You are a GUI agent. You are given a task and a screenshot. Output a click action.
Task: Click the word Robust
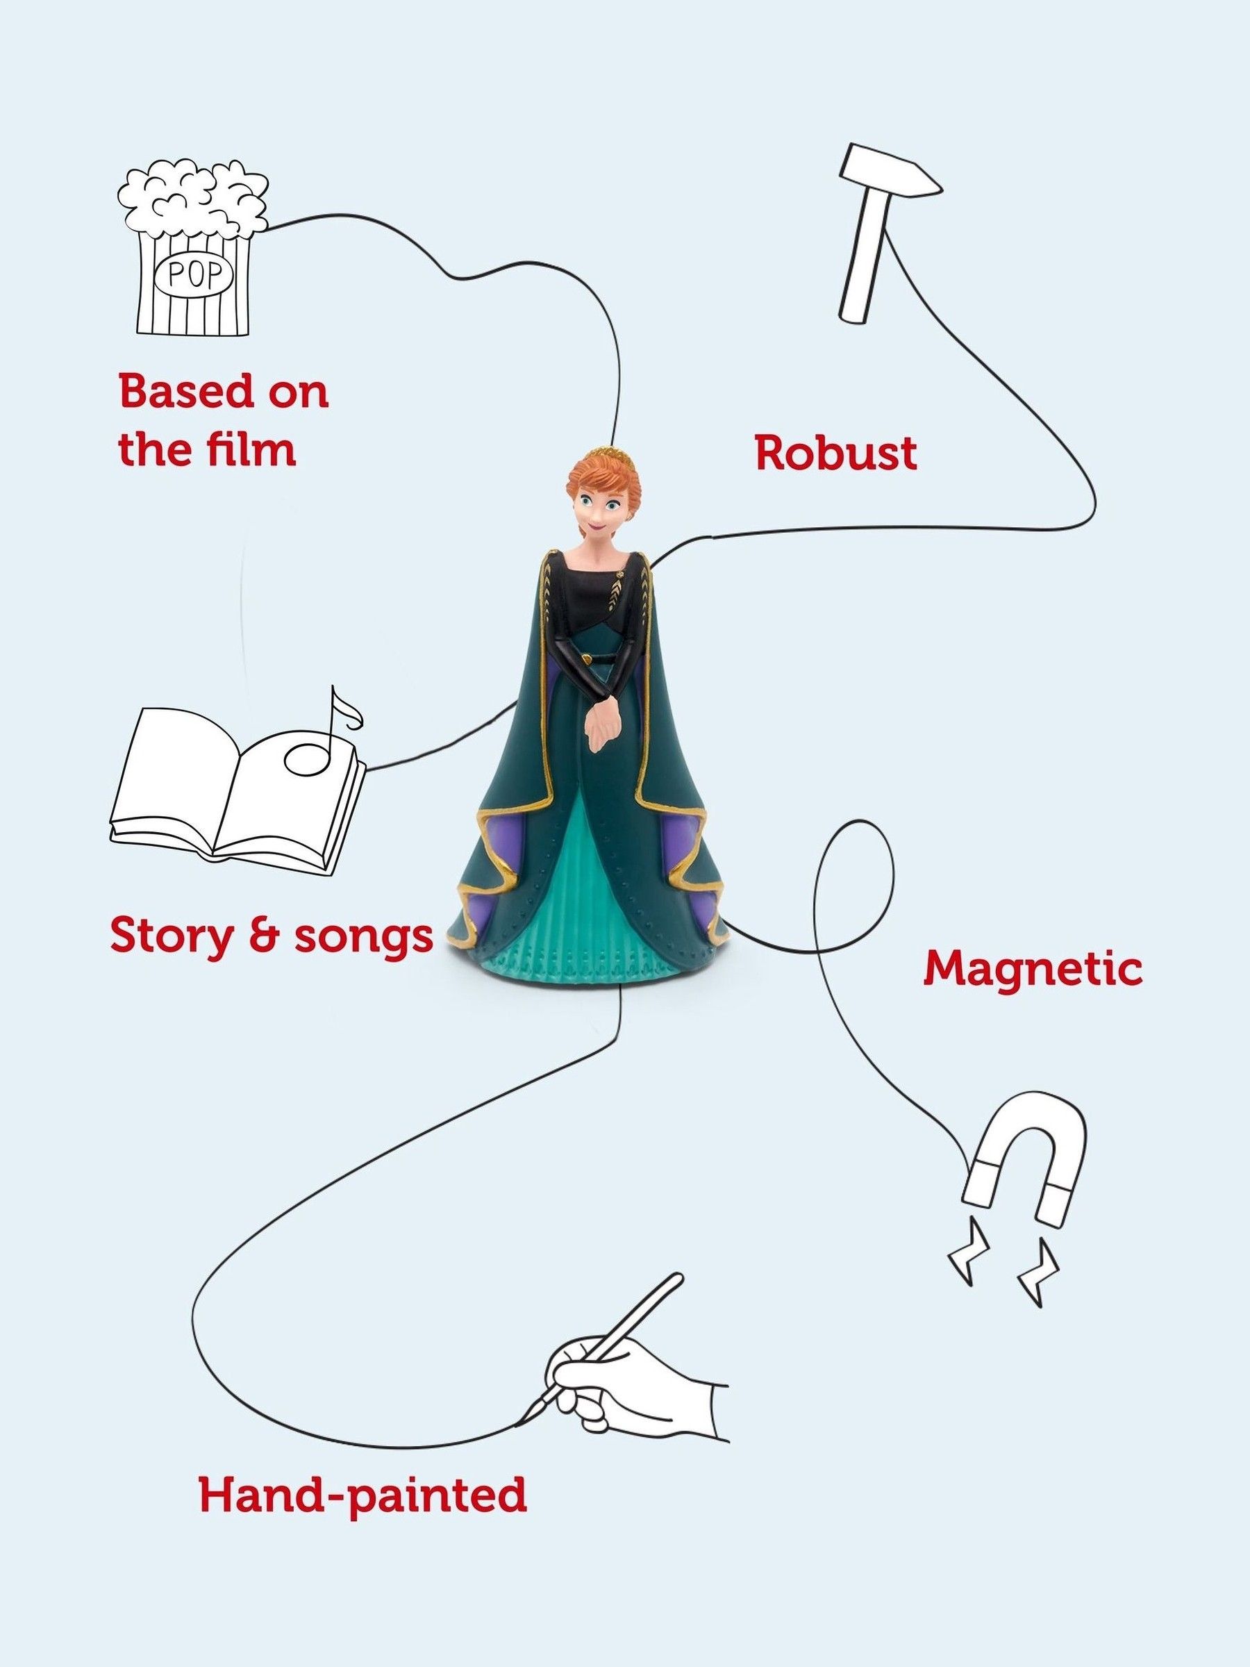[x=836, y=454]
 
